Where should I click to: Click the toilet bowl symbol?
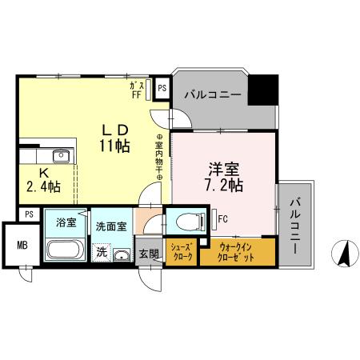coord(184,222)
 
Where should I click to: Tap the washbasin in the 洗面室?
coord(121,255)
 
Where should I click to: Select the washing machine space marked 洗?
coord(102,251)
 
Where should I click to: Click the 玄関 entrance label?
coord(149,254)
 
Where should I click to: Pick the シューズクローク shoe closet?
coord(181,252)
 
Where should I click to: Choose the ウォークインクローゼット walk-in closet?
coord(237,252)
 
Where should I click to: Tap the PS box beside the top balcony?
coord(162,89)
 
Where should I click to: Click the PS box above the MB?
coord(29,214)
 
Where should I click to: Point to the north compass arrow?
coord(346,254)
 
